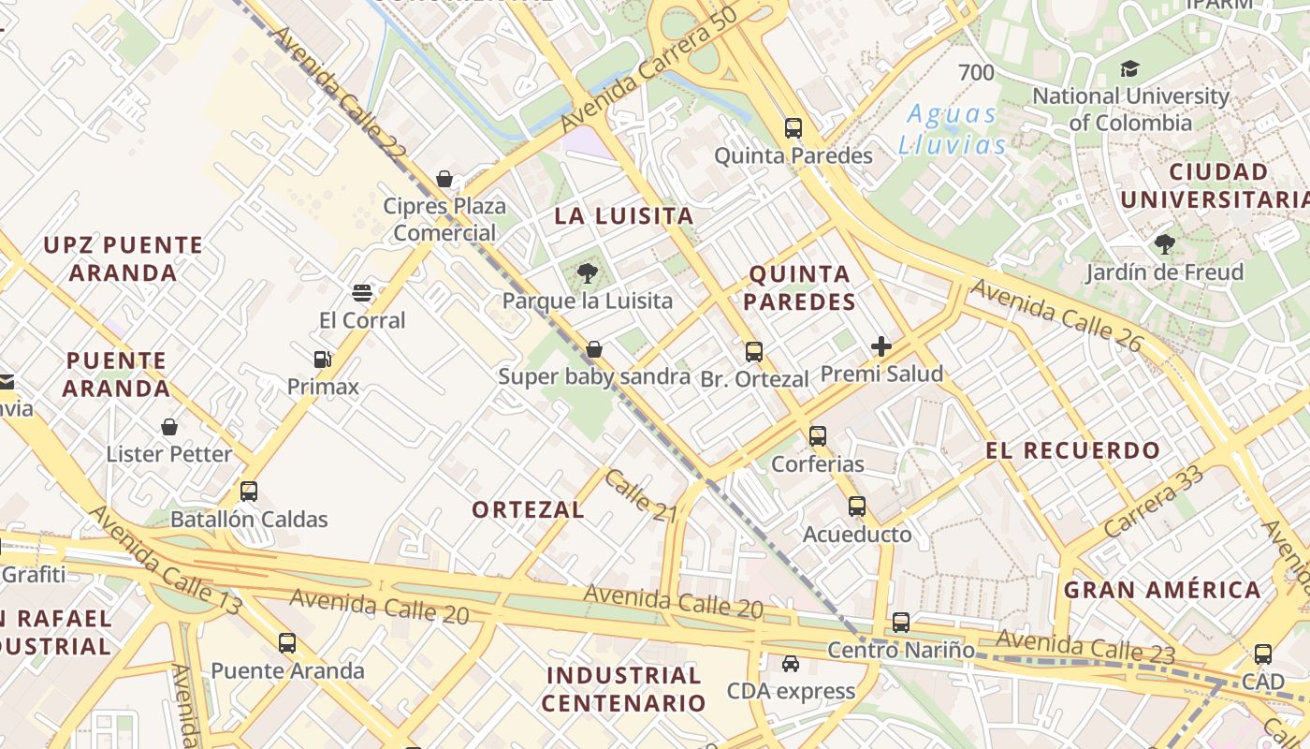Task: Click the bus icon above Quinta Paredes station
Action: click(793, 128)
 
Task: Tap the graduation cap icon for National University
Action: click(1129, 68)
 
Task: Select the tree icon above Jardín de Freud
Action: click(1165, 245)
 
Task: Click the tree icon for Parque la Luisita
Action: click(588, 273)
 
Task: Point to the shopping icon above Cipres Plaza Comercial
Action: click(444, 179)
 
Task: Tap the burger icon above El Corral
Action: click(362, 293)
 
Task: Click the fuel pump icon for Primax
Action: click(323, 360)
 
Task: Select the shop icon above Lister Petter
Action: click(169, 427)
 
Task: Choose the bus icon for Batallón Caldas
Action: click(249, 492)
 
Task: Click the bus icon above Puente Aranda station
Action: click(287, 643)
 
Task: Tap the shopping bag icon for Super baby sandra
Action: click(593, 350)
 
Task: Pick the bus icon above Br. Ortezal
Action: click(754, 352)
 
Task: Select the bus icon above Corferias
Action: click(818, 436)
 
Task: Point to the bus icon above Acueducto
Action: click(857, 507)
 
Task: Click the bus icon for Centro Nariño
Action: click(901, 623)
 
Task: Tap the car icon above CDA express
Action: click(791, 664)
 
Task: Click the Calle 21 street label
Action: click(640, 495)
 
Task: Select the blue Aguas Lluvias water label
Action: click(952, 129)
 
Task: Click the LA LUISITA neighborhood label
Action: click(624, 216)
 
